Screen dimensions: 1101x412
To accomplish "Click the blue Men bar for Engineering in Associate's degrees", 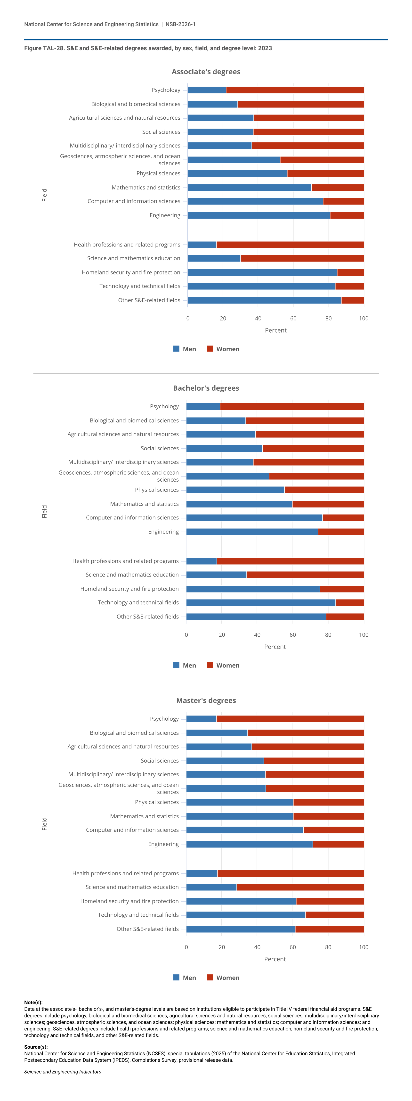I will pos(259,215).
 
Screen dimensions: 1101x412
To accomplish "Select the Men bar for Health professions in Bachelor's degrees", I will pos(201,561).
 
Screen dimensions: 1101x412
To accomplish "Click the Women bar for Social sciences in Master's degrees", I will pos(314,761).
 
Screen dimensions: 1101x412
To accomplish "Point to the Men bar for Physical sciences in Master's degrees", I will pos(239,802).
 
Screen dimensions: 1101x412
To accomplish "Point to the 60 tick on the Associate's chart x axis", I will pos(293,318).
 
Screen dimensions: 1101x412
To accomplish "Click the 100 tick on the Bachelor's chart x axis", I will pos(363,635).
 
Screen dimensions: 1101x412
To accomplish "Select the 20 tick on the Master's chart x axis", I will pos(222,947).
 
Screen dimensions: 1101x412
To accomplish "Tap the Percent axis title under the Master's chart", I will pos(275,959).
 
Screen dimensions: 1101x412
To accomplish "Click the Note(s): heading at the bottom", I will pos(33,1002).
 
